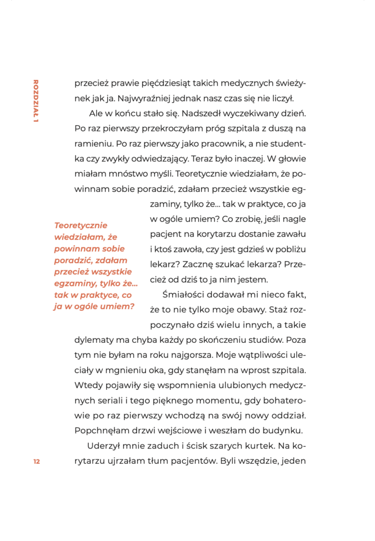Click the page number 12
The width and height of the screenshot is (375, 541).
click(36, 461)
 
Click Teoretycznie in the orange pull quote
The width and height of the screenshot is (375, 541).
click(81, 225)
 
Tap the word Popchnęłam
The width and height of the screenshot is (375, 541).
click(102, 429)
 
